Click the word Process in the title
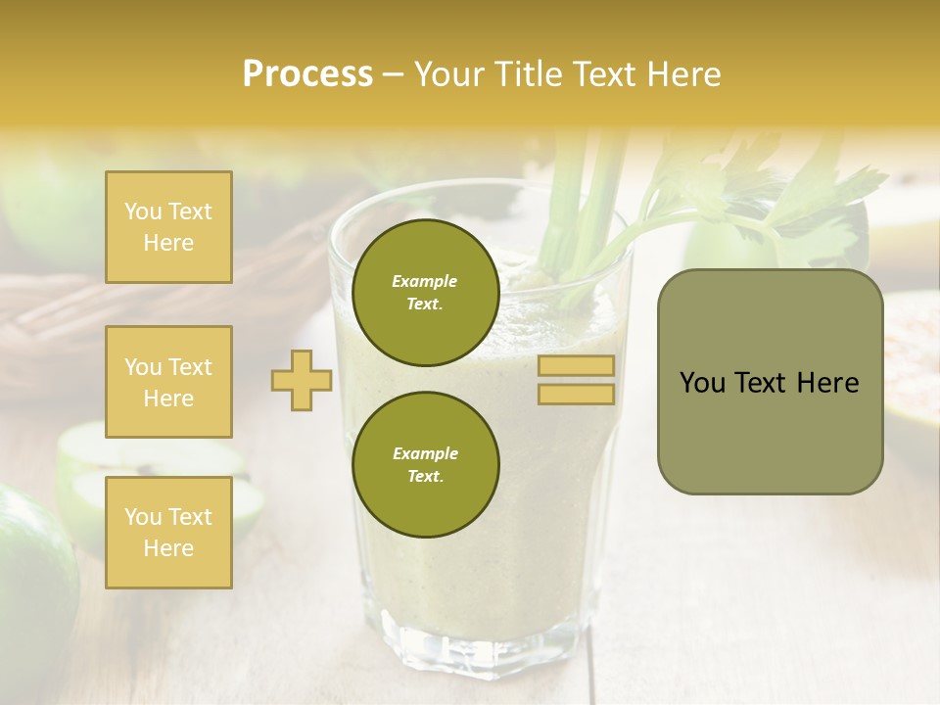[x=307, y=74]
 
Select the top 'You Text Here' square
[x=168, y=227]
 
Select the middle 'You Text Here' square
[x=168, y=382]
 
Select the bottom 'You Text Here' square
[x=168, y=532]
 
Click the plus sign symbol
[x=302, y=380]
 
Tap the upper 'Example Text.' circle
[x=425, y=293]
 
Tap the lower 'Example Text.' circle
[x=425, y=464]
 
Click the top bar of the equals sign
[x=576, y=366]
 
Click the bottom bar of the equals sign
[x=576, y=394]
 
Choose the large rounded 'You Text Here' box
[x=770, y=382]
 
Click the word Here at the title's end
[x=684, y=74]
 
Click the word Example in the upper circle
[x=425, y=281]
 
